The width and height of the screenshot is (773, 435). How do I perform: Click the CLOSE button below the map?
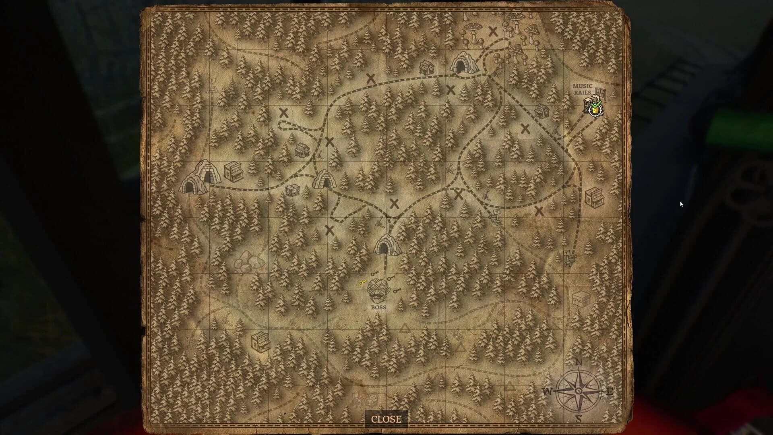click(386, 419)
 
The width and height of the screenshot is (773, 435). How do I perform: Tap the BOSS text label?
click(378, 307)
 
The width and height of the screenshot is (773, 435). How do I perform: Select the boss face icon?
click(377, 291)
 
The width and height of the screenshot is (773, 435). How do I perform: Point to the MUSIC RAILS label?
click(583, 89)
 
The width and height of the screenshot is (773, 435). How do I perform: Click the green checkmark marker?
click(595, 105)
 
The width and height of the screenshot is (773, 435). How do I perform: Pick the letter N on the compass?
click(579, 362)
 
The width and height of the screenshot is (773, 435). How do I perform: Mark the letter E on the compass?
click(610, 391)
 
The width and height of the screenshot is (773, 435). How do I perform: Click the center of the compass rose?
click(579, 391)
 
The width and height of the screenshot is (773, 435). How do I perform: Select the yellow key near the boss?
click(362, 283)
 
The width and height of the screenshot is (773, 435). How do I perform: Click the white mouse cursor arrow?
click(681, 204)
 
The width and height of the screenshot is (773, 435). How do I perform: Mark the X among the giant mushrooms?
click(493, 31)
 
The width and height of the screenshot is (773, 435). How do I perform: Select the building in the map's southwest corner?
click(260, 342)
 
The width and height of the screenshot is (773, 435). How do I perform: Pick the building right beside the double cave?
click(234, 172)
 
